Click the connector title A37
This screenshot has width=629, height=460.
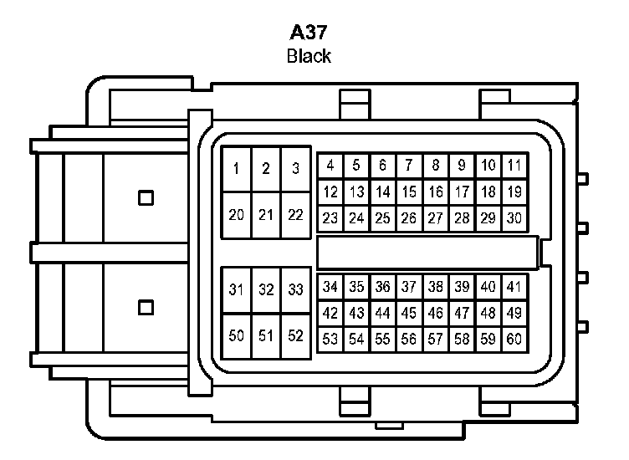click(x=309, y=33)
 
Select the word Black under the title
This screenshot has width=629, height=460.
click(x=309, y=57)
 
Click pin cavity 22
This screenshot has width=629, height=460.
click(x=294, y=215)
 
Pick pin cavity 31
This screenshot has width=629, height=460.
click(x=237, y=290)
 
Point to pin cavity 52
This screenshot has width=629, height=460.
click(x=294, y=336)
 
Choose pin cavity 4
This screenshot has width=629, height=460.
click(x=330, y=166)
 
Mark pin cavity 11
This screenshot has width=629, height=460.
click(x=514, y=166)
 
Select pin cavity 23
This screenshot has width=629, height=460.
click(x=330, y=218)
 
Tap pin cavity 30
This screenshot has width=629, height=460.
click(x=514, y=218)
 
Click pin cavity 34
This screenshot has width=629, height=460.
click(x=330, y=287)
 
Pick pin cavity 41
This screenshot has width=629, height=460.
click(x=514, y=287)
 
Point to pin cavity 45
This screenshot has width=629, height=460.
click(x=409, y=314)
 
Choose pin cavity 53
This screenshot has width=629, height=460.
click(x=330, y=340)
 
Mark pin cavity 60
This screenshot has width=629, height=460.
click(x=514, y=340)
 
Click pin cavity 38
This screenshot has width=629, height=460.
click(x=436, y=287)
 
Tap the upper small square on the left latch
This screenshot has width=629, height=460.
click(x=146, y=198)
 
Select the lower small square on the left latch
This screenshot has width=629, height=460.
click(x=146, y=307)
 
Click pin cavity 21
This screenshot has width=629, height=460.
click(x=266, y=215)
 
